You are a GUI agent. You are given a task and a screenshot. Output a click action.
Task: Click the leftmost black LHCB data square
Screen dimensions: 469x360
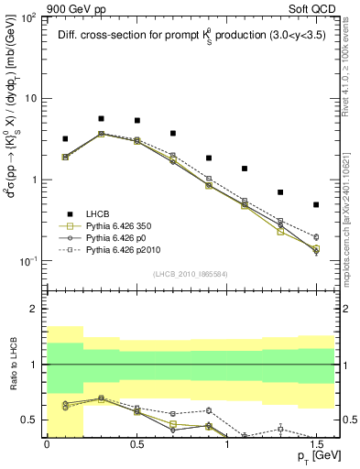(65, 139)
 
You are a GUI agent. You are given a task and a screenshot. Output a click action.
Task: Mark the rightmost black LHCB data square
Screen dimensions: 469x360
(316, 204)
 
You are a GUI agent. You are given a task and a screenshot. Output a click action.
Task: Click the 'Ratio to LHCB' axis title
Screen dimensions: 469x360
(13, 365)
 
